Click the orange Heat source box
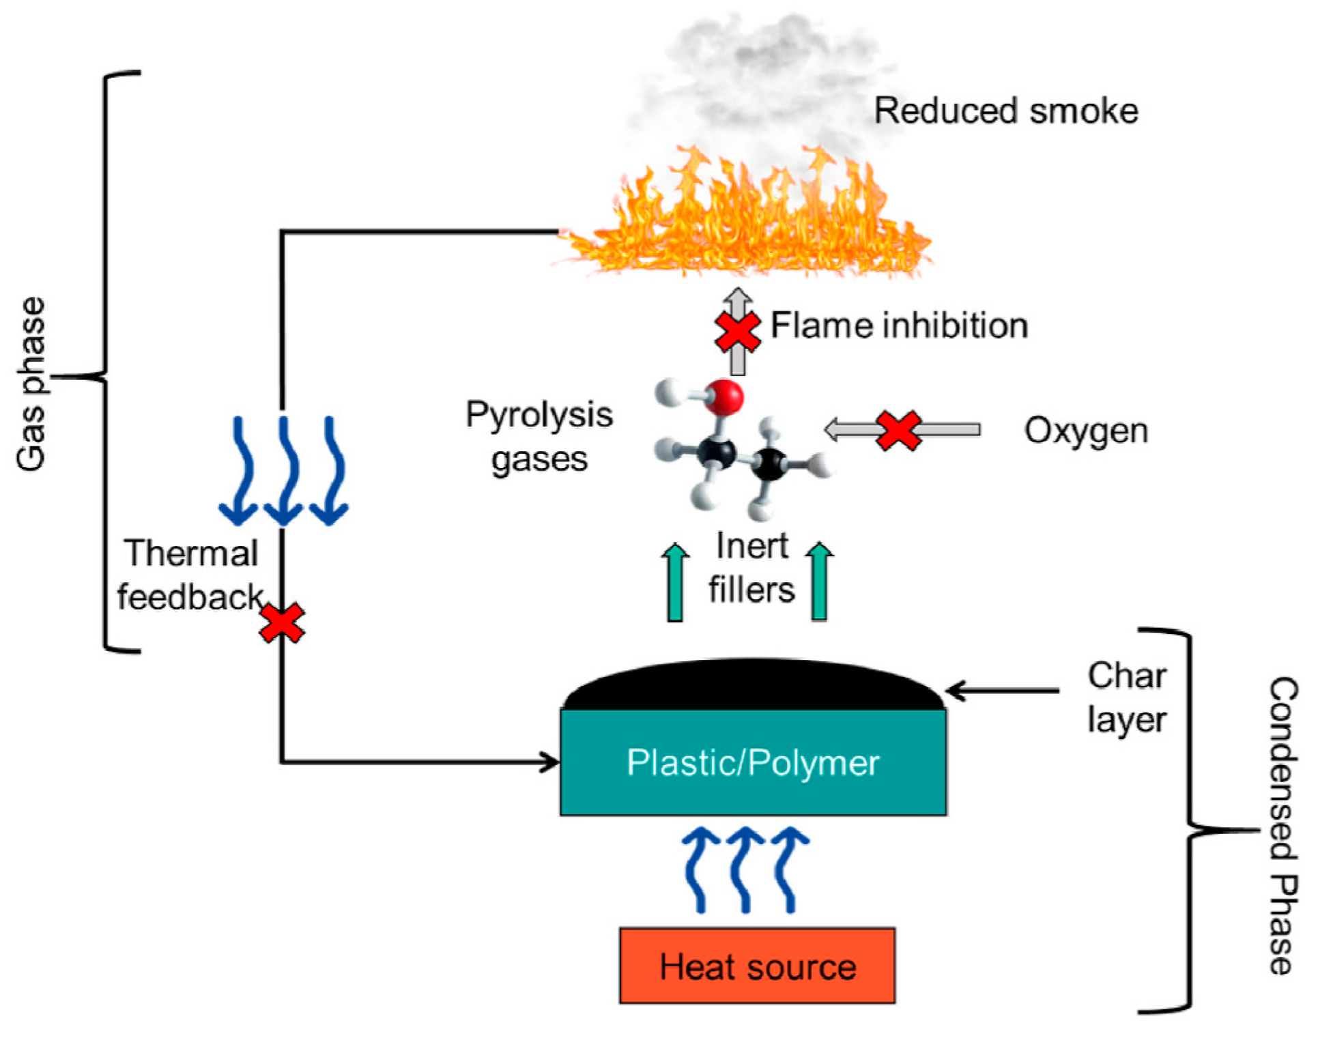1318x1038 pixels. [757, 965]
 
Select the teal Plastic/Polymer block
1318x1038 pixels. [753, 762]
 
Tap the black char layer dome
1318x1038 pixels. [753, 684]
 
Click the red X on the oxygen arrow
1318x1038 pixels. [898, 430]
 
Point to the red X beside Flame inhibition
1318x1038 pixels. [737, 332]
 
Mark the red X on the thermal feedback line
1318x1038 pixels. [282, 622]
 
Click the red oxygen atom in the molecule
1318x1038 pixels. [724, 397]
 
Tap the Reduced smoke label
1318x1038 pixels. [1006, 111]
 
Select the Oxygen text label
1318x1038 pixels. [1086, 431]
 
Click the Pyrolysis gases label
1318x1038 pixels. [539, 436]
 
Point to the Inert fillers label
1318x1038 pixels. [751, 567]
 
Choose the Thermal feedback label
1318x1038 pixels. [190, 575]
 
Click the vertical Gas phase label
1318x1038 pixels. [31, 384]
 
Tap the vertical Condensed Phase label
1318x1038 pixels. [1283, 826]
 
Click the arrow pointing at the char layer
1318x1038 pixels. [1002, 691]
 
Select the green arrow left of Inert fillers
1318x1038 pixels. [675, 581]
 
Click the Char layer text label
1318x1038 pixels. [1127, 697]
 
